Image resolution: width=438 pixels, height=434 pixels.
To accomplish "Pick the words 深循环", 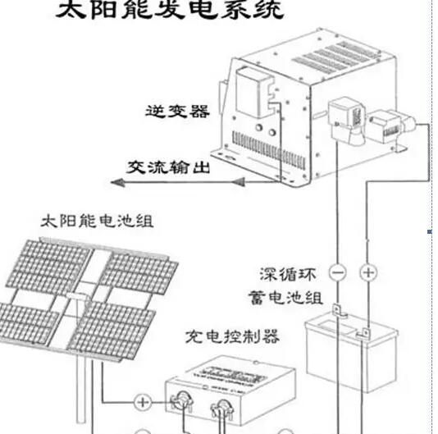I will point(287,272).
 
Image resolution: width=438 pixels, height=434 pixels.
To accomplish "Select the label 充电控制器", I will point(234,336).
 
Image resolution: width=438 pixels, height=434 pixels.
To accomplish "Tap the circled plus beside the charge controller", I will point(143,402).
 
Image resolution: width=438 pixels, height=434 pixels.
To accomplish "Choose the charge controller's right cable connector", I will point(221,409).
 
